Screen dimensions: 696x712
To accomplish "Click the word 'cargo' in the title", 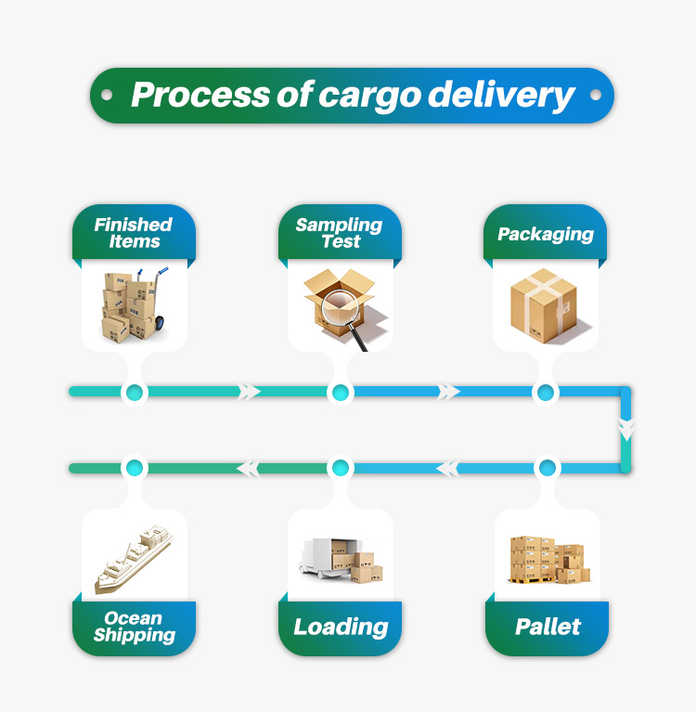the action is (370, 96).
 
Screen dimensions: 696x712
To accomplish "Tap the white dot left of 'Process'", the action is (107, 95).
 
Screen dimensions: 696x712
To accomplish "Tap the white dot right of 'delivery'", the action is (596, 95).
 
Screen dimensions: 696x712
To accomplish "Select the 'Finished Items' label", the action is (134, 233).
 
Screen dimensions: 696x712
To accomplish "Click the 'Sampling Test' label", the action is (339, 233).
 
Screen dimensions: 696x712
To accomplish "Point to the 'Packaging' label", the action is (546, 234).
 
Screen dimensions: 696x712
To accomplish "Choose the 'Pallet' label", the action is (548, 628).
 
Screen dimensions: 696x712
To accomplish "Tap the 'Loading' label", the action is (341, 628).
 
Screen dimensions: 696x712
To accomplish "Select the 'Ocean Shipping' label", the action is (134, 628).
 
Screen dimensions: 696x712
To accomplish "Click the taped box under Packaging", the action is (544, 305).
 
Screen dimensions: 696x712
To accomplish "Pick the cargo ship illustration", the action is (134, 559).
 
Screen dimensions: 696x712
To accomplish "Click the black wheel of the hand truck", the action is (160, 323).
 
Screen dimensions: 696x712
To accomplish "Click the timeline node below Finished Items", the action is (135, 393).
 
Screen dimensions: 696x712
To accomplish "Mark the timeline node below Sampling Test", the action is (340, 393).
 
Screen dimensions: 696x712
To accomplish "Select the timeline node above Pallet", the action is (548, 468).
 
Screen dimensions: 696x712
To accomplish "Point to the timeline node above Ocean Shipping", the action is (135, 468).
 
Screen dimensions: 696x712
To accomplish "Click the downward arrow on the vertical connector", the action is (626, 429).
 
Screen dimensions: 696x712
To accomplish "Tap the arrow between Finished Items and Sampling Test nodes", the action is (249, 392).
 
